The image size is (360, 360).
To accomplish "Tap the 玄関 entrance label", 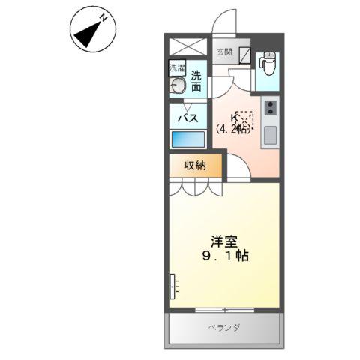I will pyautogui.click(x=224, y=52).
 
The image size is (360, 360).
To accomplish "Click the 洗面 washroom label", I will pyautogui.click(x=196, y=81).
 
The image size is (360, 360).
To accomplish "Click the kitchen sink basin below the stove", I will pyautogui.click(x=270, y=135).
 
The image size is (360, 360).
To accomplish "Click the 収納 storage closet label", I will pyautogui.click(x=195, y=166).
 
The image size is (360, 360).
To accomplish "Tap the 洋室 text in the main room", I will pyautogui.click(x=223, y=241).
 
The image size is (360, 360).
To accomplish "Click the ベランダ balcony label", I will pyautogui.click(x=224, y=328).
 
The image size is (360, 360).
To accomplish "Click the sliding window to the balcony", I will pyautogui.click(x=224, y=309).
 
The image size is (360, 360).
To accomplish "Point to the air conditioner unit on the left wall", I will pyautogui.click(x=173, y=285).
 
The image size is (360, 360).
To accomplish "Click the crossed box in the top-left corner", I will pyautogui.click(x=185, y=45).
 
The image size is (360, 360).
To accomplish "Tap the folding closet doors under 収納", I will pyautogui.click(x=195, y=188).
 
